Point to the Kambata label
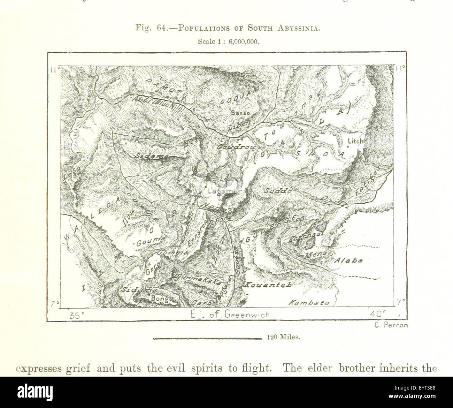click(309, 303)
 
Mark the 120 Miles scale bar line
click(207, 338)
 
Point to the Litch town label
click(355, 141)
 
